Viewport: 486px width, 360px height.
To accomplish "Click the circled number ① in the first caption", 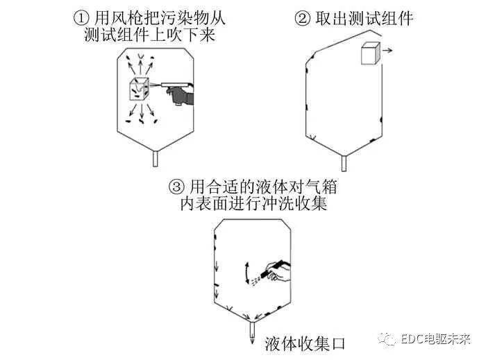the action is (81, 18).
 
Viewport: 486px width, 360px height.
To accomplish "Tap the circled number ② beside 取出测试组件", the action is (302, 18).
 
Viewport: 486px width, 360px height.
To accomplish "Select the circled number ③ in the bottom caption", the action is (176, 187).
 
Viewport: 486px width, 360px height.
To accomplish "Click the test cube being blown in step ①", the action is (139, 89).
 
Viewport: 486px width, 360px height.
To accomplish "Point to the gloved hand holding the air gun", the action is (181, 95).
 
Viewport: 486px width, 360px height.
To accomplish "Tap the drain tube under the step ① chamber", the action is (156, 158).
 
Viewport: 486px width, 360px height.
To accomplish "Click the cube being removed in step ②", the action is (370, 54).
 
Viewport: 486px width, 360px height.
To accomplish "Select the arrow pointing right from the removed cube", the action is (387, 50).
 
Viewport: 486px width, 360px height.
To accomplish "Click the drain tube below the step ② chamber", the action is (344, 163).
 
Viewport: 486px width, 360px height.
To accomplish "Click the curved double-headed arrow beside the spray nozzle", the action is (247, 273).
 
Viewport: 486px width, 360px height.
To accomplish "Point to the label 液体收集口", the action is (305, 344).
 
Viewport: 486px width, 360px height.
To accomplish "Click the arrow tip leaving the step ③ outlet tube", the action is (252, 342).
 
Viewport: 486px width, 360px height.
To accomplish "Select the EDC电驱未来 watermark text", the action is (435, 339).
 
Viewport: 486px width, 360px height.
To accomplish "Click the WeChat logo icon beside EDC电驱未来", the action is (387, 339).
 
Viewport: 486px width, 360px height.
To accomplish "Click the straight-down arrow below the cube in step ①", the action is (142, 112).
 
